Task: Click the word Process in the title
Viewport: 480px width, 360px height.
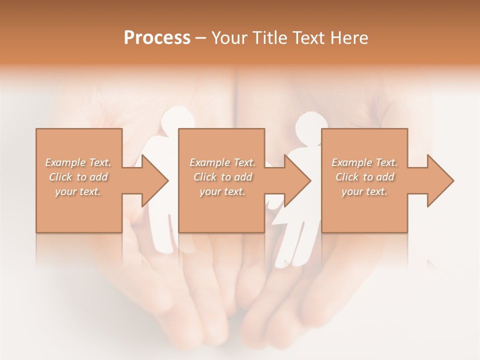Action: pos(157,38)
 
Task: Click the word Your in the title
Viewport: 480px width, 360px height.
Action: pos(230,38)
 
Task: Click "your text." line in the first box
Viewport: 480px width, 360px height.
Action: pos(78,191)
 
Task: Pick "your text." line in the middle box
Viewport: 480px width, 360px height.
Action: pos(222,191)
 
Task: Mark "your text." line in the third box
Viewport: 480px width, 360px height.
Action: pos(364,191)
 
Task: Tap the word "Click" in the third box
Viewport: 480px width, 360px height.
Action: pos(347,177)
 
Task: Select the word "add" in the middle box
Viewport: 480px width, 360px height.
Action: pos(243,177)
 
